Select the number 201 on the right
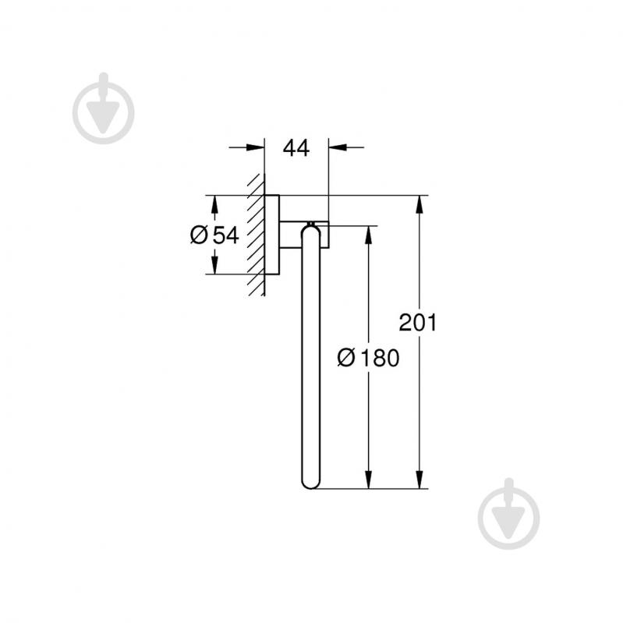(418, 323)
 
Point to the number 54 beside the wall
(225, 235)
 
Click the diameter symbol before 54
(199, 235)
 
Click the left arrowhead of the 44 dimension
(256, 147)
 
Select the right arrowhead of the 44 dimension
(338, 147)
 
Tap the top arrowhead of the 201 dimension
(420, 204)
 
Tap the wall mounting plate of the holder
(272, 234)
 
